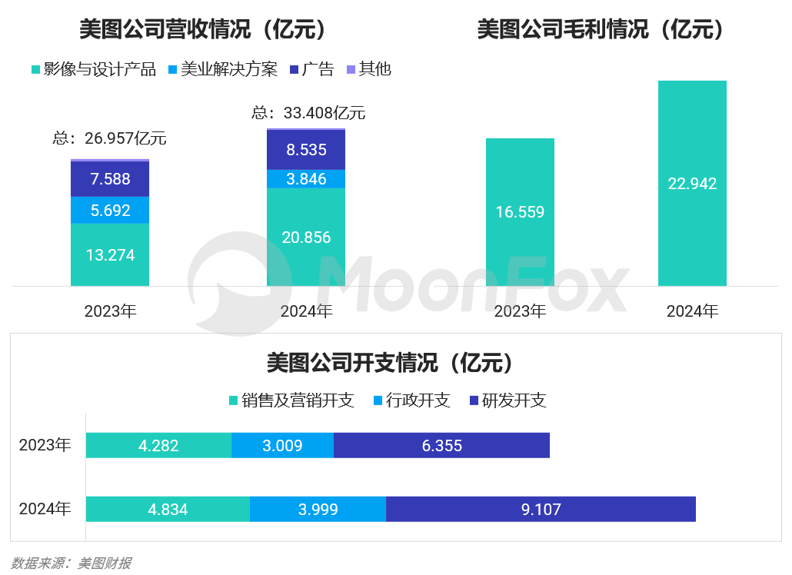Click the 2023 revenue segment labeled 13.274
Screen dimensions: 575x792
click(x=109, y=254)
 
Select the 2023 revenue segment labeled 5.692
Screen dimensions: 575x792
click(x=109, y=210)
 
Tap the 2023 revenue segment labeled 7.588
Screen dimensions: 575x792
click(x=109, y=179)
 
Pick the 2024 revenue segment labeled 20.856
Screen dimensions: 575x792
click(x=306, y=237)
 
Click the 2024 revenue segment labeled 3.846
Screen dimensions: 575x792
click(x=306, y=179)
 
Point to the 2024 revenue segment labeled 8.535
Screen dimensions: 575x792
click(x=306, y=150)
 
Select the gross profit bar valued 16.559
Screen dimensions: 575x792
click(x=520, y=212)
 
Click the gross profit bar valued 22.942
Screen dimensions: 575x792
click(x=692, y=184)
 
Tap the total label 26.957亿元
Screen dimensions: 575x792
click(x=109, y=139)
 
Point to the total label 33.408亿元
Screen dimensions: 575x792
click(x=308, y=113)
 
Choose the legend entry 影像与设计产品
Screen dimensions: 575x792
click(x=93, y=69)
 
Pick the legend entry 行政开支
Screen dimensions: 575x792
click(x=411, y=401)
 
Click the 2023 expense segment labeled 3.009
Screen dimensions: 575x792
click(x=282, y=445)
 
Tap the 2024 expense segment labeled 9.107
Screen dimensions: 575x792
click(x=541, y=509)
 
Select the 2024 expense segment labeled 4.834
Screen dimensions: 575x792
click(x=168, y=509)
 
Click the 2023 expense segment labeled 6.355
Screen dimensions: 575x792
click(x=441, y=445)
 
